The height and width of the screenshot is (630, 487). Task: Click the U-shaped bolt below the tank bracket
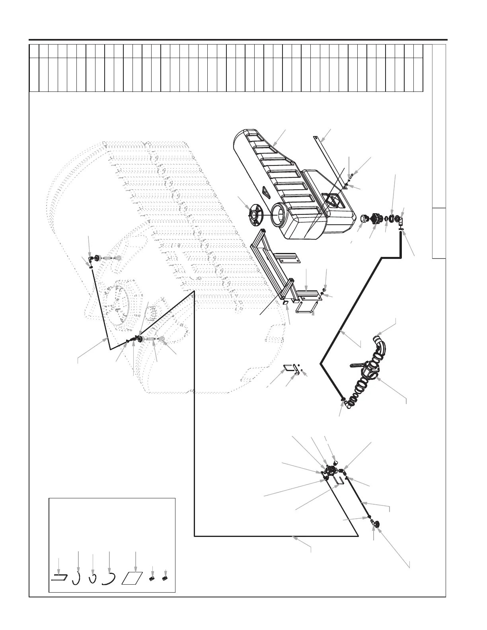[304, 307]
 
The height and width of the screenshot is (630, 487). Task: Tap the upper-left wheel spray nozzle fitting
[91, 259]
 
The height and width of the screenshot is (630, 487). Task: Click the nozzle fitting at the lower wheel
[140, 339]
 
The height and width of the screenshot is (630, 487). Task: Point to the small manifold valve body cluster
[331, 471]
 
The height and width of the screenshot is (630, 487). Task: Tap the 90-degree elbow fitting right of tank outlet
[401, 220]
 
